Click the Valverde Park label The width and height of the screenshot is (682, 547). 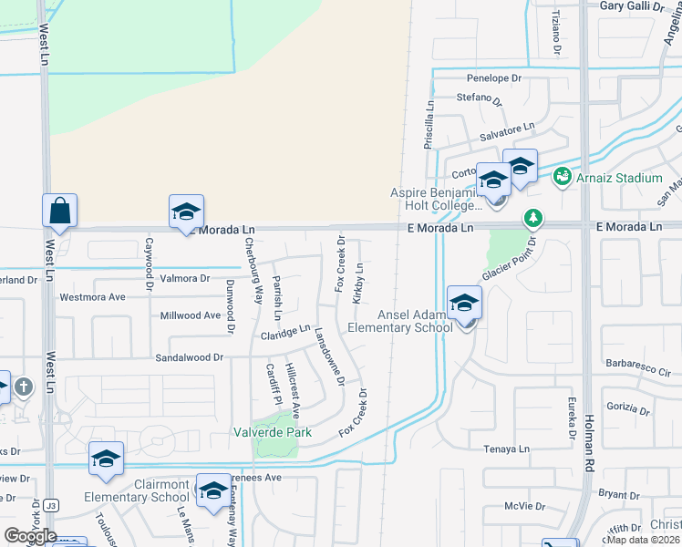(x=273, y=432)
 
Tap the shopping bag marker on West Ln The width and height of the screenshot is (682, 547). (x=59, y=211)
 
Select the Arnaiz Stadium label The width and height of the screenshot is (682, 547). (x=619, y=178)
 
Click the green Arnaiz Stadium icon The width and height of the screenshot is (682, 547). (x=562, y=176)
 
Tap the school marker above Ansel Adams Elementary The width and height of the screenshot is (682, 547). (x=465, y=303)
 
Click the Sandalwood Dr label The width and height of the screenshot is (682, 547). (x=189, y=358)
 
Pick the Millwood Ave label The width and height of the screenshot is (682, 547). (x=191, y=315)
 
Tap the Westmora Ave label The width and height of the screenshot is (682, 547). (x=92, y=297)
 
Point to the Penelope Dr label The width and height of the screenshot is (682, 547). (x=493, y=78)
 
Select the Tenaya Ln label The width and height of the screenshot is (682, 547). (x=506, y=449)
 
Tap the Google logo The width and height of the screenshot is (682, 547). (x=30, y=535)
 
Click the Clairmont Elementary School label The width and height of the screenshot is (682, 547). (x=137, y=490)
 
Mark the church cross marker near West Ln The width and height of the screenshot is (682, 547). (x=24, y=387)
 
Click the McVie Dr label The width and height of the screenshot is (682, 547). (x=524, y=506)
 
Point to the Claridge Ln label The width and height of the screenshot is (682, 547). (x=285, y=335)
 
